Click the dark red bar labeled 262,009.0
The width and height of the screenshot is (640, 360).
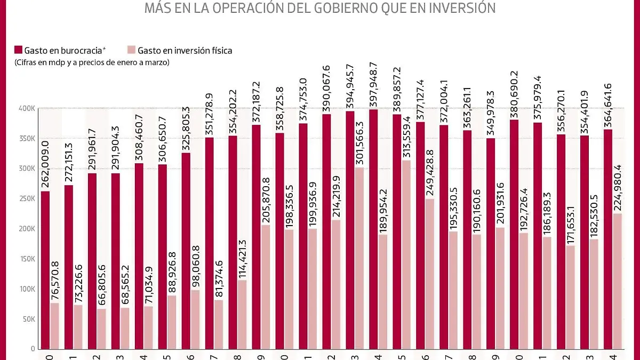click(x=45, y=270)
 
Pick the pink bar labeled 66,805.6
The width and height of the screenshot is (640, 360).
click(x=102, y=329)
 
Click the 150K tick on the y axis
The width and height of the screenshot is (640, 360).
click(x=27, y=259)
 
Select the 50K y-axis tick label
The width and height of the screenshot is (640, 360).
click(x=28, y=319)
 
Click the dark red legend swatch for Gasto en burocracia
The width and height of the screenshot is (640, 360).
click(x=18, y=51)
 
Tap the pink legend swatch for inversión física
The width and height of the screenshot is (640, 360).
click(x=131, y=51)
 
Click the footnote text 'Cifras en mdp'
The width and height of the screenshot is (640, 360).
click(x=37, y=62)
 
